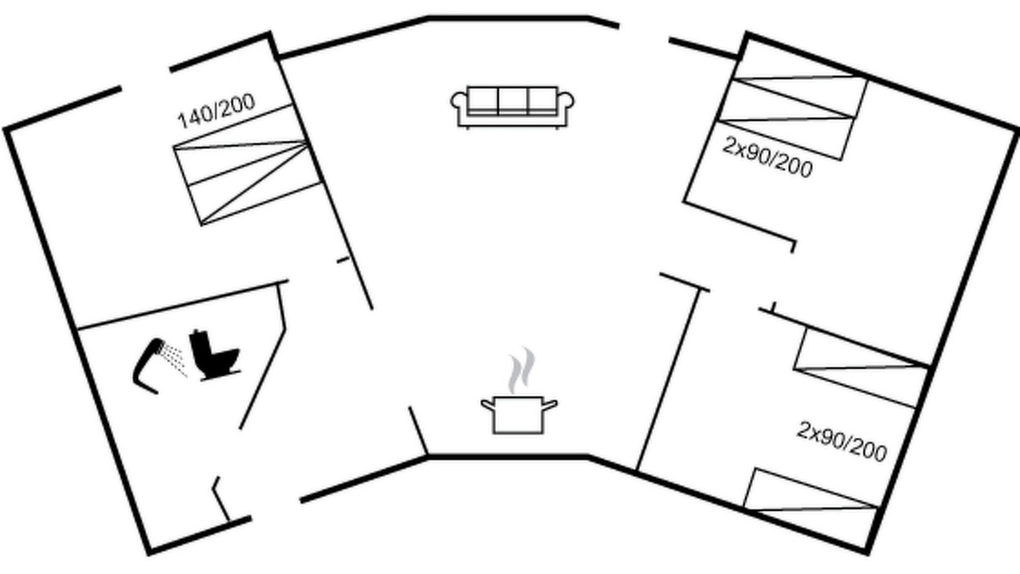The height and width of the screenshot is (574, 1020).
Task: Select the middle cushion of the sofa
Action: click(512, 100)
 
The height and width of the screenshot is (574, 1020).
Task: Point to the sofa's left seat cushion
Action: click(483, 100)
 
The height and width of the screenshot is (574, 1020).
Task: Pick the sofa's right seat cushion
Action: click(543, 100)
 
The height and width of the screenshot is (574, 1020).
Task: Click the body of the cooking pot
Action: click(518, 415)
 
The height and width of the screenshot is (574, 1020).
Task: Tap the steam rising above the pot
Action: click(521, 370)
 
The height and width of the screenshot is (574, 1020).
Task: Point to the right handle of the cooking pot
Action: click(550, 404)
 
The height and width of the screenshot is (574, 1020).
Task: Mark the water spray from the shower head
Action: click(175, 360)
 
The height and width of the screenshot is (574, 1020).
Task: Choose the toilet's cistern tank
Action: click(199, 343)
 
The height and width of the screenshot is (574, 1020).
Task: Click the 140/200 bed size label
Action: click(216, 112)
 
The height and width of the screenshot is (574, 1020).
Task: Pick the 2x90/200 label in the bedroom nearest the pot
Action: click(842, 442)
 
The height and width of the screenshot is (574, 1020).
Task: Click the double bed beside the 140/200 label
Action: click(247, 164)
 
